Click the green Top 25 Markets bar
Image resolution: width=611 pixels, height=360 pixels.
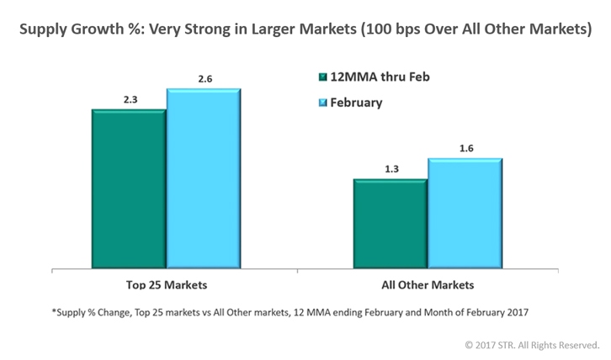[128, 188]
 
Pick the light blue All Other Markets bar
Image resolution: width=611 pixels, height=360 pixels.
[465, 214]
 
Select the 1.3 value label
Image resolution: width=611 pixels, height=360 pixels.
[390, 168]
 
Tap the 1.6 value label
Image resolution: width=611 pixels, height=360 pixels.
[465, 147]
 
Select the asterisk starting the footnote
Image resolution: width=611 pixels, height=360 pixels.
[52, 313]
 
